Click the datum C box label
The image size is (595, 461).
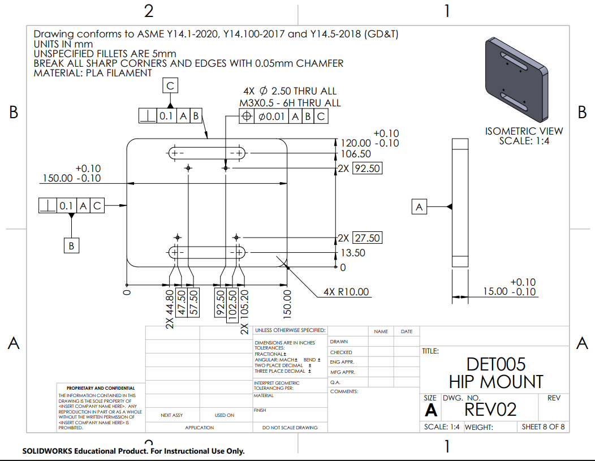pos(171,86)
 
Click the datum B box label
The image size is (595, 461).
pos(71,245)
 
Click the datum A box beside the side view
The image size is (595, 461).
pos(419,207)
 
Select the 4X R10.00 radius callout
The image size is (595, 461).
pos(346,292)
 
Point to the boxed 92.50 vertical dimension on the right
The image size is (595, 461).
pos(367,168)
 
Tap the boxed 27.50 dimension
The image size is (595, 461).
pos(367,238)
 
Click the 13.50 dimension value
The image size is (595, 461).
pos(352,253)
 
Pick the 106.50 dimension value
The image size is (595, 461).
pos(356,154)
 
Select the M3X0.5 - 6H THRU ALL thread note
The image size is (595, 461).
pos(290,102)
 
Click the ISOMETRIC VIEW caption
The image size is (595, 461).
pos(524,131)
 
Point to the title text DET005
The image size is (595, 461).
pos(496,364)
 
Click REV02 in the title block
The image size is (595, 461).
pos(490,409)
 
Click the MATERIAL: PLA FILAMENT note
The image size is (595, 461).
pos(93,73)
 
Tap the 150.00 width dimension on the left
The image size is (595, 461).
pos(72,178)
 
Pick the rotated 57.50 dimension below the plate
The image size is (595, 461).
pos(193,304)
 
